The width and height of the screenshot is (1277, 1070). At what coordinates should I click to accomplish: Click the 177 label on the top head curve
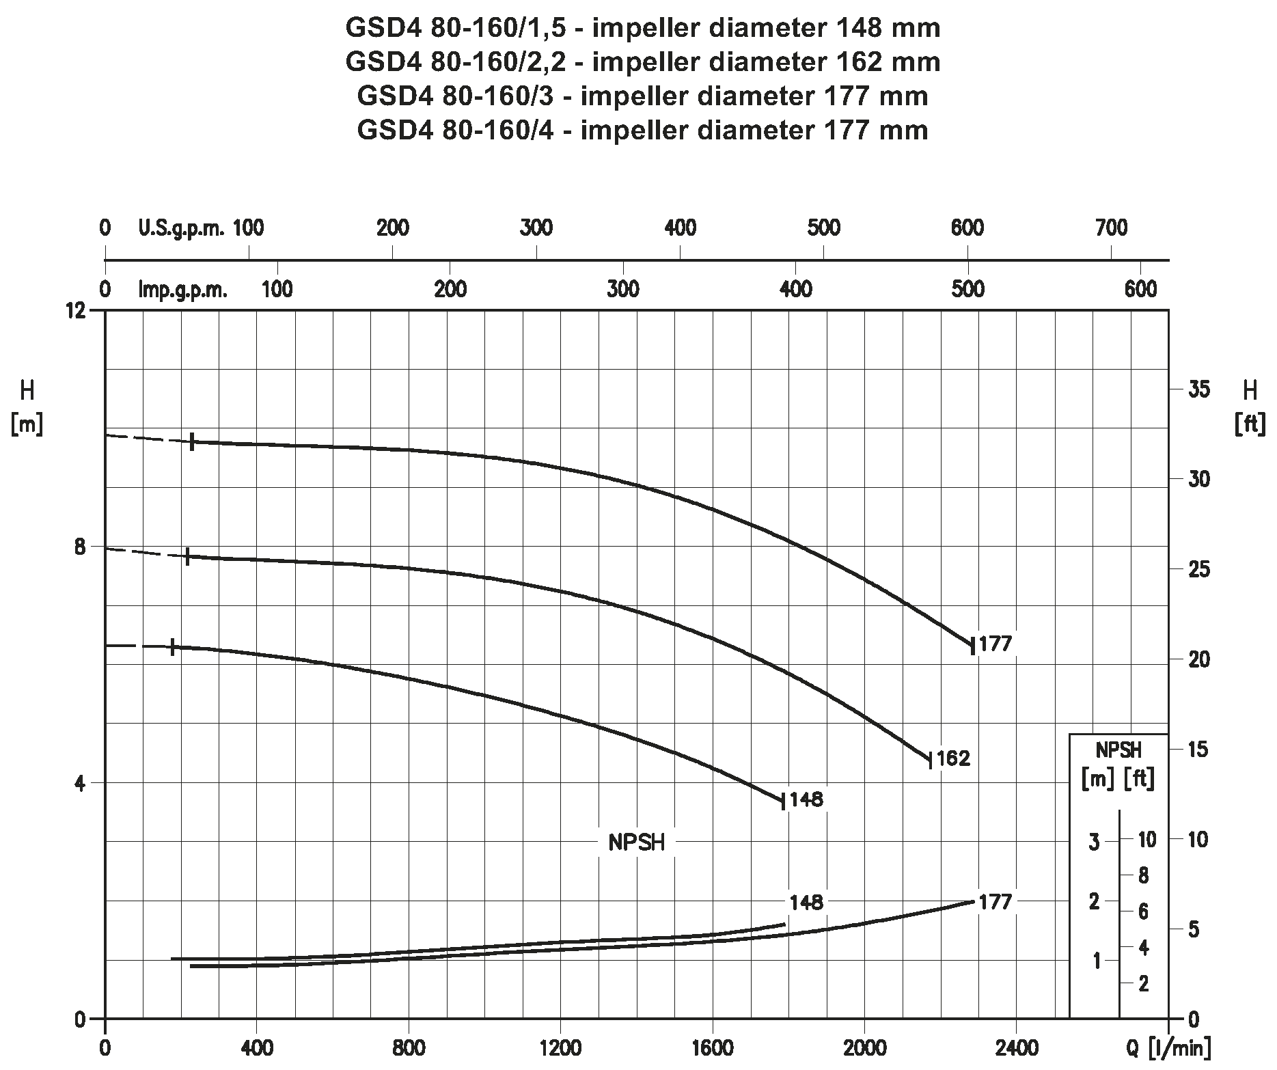click(x=995, y=644)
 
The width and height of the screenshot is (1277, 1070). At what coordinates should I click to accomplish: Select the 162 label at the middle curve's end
click(x=953, y=758)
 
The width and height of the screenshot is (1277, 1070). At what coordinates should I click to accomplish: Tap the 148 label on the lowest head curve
click(x=807, y=799)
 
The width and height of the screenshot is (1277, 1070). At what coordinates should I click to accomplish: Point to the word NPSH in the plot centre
click(x=637, y=843)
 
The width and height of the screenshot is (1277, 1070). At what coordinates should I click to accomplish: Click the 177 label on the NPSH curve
click(x=994, y=902)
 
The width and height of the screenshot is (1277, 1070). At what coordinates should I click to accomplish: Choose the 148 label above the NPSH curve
click(x=807, y=902)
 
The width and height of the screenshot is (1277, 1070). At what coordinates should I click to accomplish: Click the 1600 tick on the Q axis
click(x=713, y=1047)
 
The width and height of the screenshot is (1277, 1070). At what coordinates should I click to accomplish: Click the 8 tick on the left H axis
click(x=80, y=547)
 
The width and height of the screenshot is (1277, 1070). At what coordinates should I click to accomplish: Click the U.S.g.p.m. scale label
click(x=181, y=228)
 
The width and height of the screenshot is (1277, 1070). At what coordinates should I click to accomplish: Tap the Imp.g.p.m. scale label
click(x=183, y=290)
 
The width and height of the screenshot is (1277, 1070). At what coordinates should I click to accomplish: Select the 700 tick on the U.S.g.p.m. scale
click(x=1111, y=228)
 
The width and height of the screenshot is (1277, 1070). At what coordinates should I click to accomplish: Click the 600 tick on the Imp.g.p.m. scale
click(x=1140, y=290)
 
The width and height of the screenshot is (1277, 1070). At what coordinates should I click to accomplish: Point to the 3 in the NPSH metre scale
click(x=1095, y=841)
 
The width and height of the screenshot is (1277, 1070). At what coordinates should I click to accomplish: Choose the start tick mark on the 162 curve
click(x=187, y=556)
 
